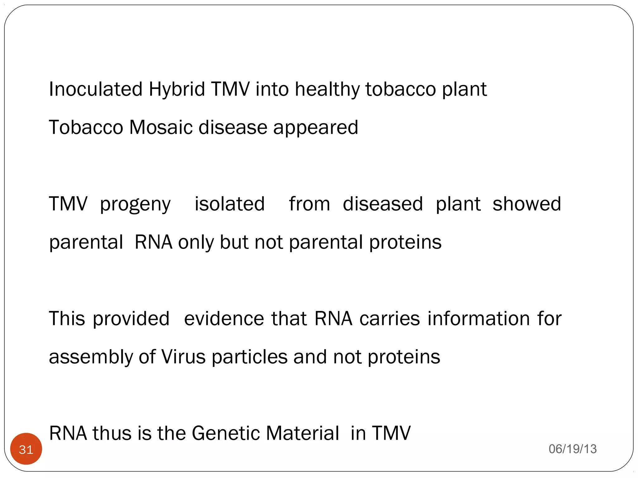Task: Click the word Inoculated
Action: (96, 89)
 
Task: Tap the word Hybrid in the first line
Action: (177, 89)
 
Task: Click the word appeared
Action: (316, 128)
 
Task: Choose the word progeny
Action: (135, 204)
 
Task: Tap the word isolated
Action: (230, 204)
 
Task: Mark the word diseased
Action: (383, 204)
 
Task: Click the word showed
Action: (527, 204)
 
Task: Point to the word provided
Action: (131, 319)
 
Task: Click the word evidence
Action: (224, 319)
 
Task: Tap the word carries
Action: (390, 319)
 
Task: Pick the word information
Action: (478, 319)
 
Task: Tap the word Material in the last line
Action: (302, 433)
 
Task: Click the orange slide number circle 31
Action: (26, 449)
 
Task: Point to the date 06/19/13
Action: (573, 449)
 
